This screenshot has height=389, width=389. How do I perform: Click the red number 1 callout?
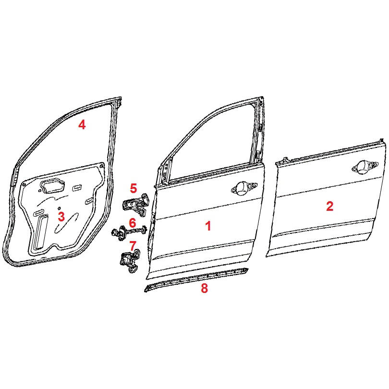[208, 226]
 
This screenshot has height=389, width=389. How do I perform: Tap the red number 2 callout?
[329, 206]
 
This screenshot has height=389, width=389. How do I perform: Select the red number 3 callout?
[61, 217]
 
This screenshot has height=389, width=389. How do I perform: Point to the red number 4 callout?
[82, 124]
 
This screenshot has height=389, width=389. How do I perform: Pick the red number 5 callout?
[133, 188]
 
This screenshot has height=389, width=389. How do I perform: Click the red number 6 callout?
[133, 223]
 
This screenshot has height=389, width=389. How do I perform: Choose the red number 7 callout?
[133, 246]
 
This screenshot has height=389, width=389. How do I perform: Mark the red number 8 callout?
[204, 288]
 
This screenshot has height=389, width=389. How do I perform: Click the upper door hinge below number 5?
[135, 206]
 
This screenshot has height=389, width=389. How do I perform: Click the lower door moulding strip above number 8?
[196, 280]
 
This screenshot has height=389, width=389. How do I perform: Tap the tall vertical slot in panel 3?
[42, 231]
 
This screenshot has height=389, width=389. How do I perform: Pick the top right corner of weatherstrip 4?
[121, 98]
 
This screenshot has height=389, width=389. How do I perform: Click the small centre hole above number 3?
[59, 208]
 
